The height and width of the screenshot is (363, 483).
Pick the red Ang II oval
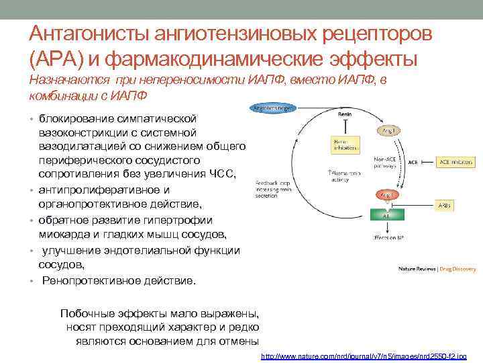coord(387,195)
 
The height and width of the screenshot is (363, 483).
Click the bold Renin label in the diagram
coord(344,114)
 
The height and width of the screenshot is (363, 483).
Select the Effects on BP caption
coord(387,237)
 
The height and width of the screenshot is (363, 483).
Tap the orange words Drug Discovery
coord(459,269)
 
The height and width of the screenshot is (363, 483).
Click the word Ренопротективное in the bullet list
coord(84,280)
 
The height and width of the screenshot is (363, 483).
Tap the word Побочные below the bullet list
coord(85,313)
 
